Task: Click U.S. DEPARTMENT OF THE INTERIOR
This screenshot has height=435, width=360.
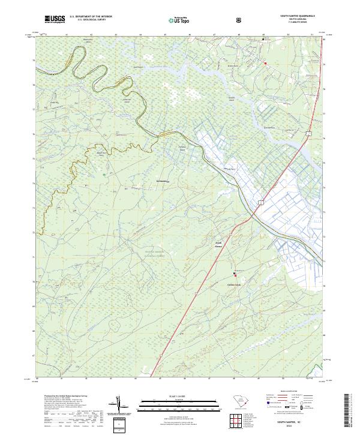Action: click(x=91, y=17)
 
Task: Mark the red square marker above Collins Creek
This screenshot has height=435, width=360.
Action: click(x=235, y=269)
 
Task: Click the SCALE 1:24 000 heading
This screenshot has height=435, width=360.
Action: click(x=179, y=396)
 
